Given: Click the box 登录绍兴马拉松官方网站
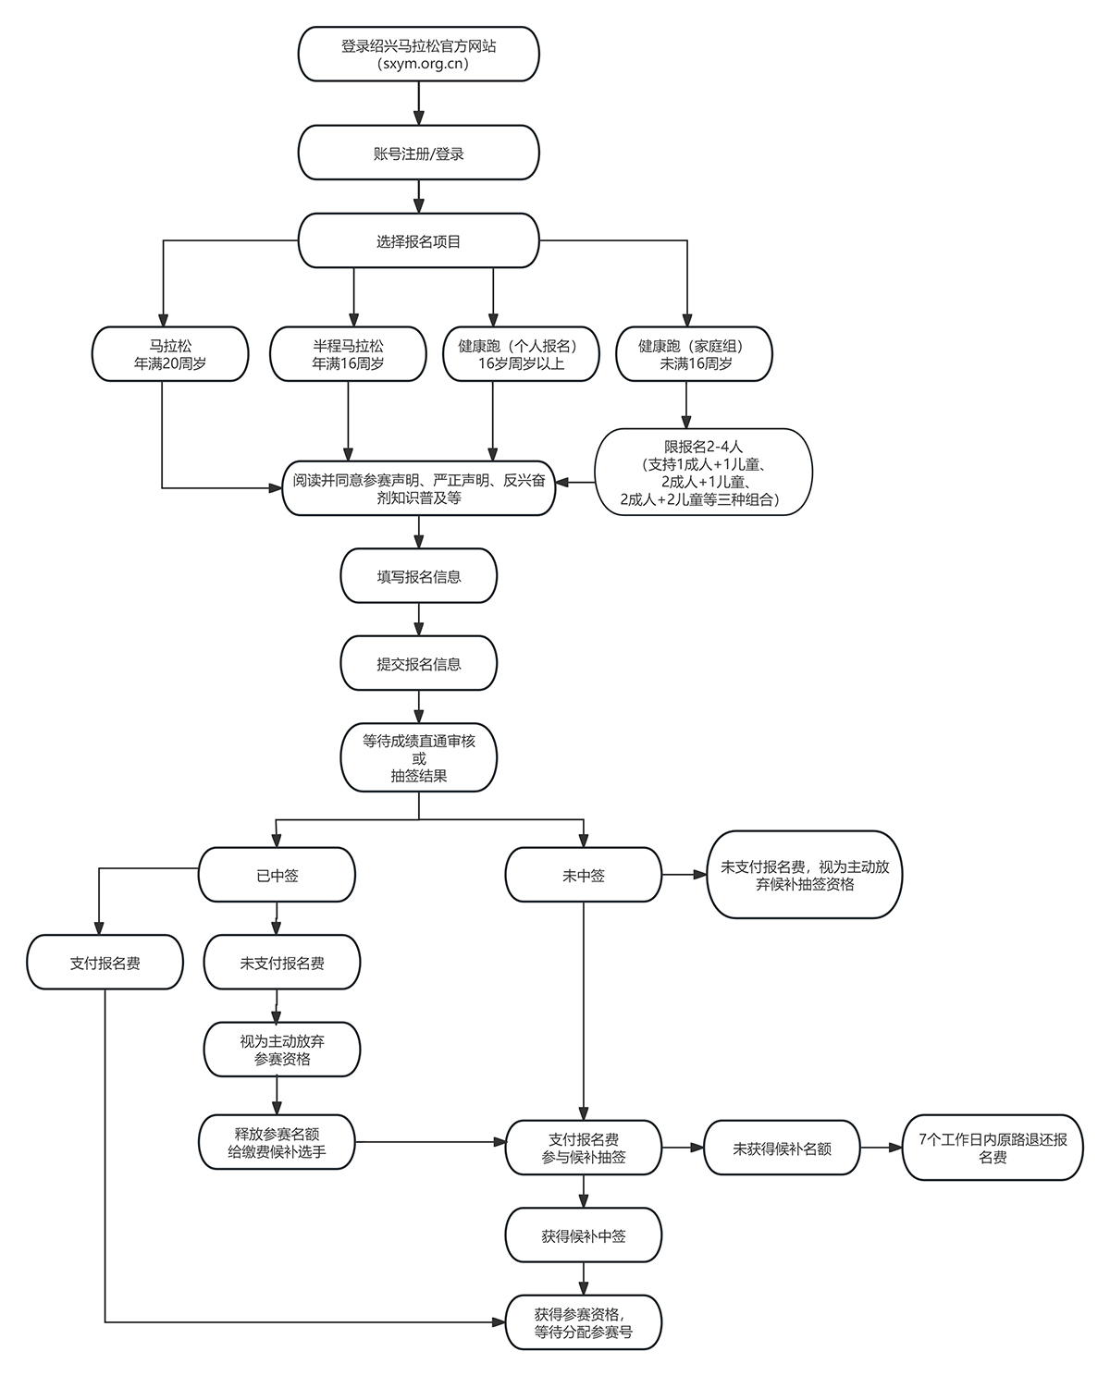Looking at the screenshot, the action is (x=418, y=55).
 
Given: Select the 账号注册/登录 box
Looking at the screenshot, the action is (x=418, y=153).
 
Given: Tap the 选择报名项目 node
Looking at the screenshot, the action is (x=418, y=241).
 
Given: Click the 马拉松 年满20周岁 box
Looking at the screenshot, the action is (x=170, y=354).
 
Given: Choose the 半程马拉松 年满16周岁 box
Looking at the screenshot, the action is (x=348, y=354).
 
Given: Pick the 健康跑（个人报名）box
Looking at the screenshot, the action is (x=521, y=354).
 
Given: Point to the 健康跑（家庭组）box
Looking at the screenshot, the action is (x=694, y=354).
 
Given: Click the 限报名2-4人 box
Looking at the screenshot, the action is (x=704, y=472).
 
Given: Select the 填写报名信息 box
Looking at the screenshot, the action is (x=418, y=575).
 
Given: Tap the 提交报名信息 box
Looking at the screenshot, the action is (x=418, y=663).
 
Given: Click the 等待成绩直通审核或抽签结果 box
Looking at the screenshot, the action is (x=418, y=757).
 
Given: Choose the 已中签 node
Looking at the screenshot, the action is (x=277, y=875).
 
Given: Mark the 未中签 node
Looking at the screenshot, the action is (x=584, y=875).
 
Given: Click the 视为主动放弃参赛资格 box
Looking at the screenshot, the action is (x=282, y=1050).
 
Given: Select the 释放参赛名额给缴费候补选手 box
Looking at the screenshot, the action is (x=277, y=1142).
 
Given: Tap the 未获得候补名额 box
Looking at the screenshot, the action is (x=782, y=1148).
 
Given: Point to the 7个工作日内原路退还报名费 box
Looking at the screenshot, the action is (x=993, y=1148).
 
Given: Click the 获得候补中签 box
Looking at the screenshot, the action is (x=584, y=1235).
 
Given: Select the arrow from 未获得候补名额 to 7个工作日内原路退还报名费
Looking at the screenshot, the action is (x=882, y=1148).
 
